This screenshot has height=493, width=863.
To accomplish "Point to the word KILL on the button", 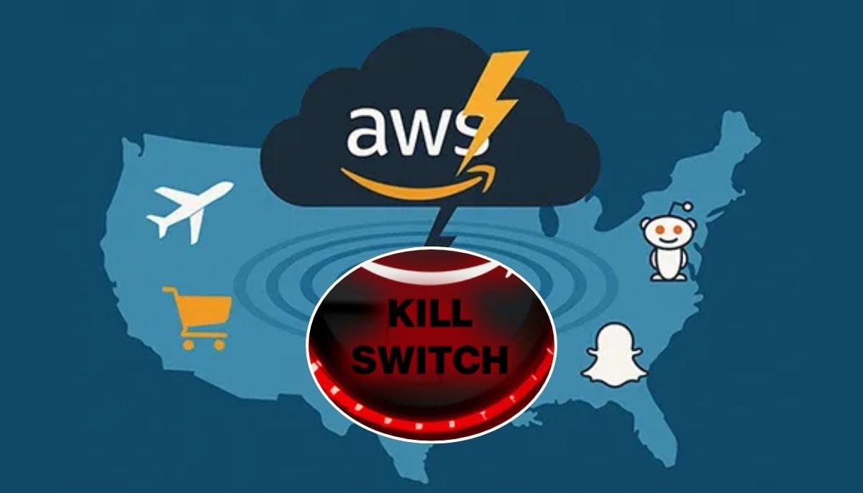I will [x=430, y=314].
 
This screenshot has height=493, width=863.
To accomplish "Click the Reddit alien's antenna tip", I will [x=688, y=206].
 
